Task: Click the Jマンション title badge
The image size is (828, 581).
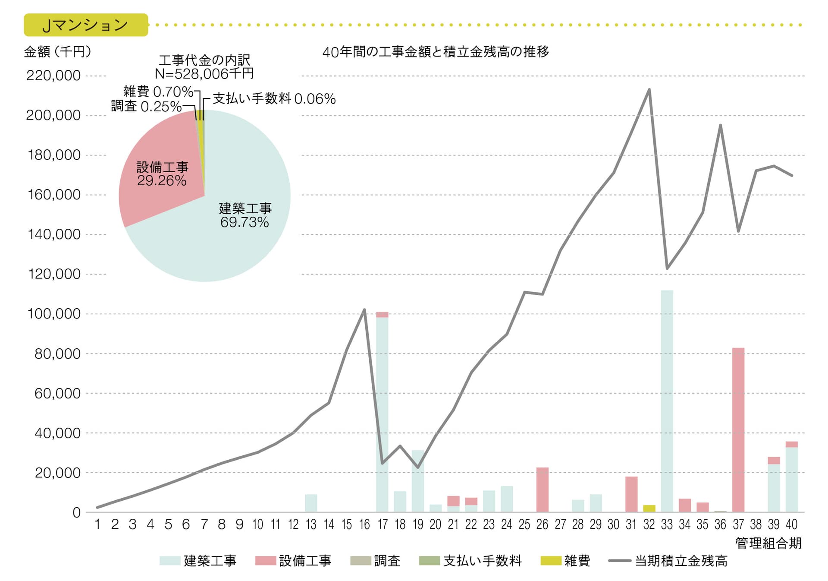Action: pyautogui.click(x=86, y=25)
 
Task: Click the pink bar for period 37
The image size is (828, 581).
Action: pyautogui.click(x=738, y=429)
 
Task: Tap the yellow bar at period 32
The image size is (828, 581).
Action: pyautogui.click(x=649, y=508)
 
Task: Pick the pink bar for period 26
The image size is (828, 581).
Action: pyautogui.click(x=542, y=489)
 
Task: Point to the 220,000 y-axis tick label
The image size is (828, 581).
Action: pyautogui.click(x=53, y=76)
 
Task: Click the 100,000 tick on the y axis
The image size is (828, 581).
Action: pyautogui.click(x=54, y=314)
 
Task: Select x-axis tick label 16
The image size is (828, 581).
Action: pyautogui.click(x=364, y=524)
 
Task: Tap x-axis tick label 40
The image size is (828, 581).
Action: pyautogui.click(x=791, y=524)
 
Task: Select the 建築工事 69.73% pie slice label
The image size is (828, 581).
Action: pyautogui.click(x=245, y=215)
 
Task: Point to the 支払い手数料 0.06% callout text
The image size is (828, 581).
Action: pyautogui.click(x=274, y=99)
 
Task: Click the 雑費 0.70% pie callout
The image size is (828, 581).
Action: pyautogui.click(x=158, y=92)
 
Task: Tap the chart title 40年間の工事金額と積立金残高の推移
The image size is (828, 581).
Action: pyautogui.click(x=436, y=52)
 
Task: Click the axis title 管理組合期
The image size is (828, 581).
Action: pyautogui.click(x=768, y=543)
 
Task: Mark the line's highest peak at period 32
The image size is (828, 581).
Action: pyautogui.click(x=649, y=89)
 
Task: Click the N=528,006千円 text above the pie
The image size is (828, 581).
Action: pyautogui.click(x=204, y=74)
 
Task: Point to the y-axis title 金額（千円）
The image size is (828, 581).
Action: pyautogui.click(x=58, y=52)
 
